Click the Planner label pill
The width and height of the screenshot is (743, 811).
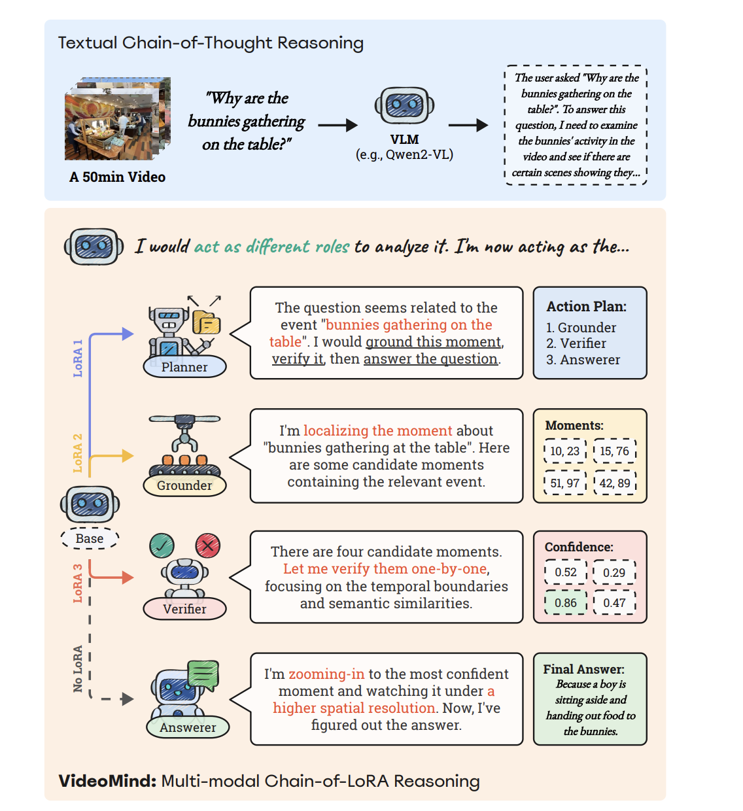click(184, 367)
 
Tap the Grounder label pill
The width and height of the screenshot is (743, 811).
click(184, 485)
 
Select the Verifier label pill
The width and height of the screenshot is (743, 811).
click(184, 609)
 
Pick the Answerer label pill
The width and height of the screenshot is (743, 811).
click(188, 727)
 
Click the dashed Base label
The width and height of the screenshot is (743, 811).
click(90, 539)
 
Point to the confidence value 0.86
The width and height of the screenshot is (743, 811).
click(566, 603)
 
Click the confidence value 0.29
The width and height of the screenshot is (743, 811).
click(614, 573)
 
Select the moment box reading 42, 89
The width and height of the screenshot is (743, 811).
click(615, 483)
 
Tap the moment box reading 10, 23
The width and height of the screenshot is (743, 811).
click(564, 451)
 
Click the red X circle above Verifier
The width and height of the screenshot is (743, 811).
click(208, 545)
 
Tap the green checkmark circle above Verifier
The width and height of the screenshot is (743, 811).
click(162, 545)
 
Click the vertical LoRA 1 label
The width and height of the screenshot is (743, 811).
click(78, 358)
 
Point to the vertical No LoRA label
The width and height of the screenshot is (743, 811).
click(78, 668)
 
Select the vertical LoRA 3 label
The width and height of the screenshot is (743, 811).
click(78, 583)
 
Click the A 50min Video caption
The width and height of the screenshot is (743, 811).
click(118, 177)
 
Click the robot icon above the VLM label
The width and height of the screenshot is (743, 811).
click(404, 105)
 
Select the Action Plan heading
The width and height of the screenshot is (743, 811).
click(586, 307)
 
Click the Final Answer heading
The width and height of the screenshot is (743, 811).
click(583, 669)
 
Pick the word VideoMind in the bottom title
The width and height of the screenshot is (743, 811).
click(107, 781)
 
